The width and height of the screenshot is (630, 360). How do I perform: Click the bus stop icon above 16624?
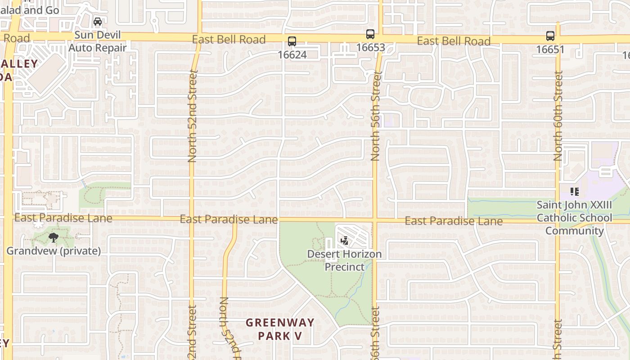[292, 42]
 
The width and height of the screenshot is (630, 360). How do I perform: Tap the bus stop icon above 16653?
[370, 34]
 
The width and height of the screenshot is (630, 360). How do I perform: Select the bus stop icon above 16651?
[550, 36]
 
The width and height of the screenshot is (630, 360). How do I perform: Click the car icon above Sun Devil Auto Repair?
[98, 22]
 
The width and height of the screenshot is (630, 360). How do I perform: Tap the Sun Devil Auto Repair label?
[98, 41]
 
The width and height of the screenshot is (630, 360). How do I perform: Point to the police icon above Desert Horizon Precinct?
[345, 241]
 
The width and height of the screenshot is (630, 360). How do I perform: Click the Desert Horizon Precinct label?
[344, 261]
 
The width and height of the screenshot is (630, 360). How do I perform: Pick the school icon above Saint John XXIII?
[574, 192]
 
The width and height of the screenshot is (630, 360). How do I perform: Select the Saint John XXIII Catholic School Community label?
[574, 218]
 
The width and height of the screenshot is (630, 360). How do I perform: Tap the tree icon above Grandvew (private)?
[54, 238]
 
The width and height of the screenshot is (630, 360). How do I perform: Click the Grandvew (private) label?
[54, 251]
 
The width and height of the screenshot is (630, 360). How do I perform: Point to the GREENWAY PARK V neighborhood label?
[279, 329]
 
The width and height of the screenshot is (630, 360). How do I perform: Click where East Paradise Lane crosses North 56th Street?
[375, 220]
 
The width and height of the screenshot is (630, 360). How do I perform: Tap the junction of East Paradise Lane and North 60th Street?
[558, 221]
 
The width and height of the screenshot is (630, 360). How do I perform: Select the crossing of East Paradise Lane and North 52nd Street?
[191, 220]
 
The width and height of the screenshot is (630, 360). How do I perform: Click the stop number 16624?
[292, 55]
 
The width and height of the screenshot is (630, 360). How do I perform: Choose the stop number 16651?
[550, 49]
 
